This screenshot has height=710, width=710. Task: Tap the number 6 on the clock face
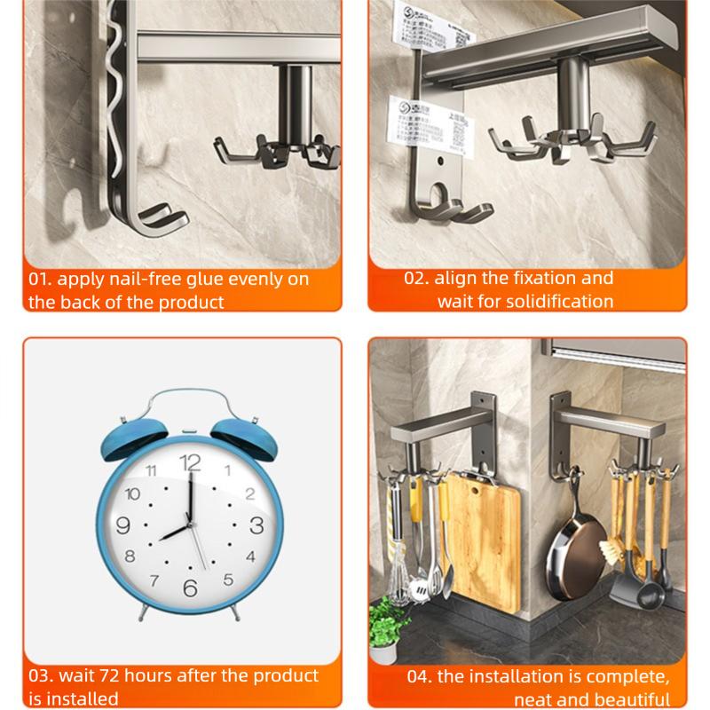point(190,588)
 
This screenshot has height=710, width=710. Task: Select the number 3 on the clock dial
point(256,524)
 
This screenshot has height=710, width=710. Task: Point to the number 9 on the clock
point(123,524)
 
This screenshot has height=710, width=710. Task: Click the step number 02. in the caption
point(418,278)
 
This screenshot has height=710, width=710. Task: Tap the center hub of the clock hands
point(190,525)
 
